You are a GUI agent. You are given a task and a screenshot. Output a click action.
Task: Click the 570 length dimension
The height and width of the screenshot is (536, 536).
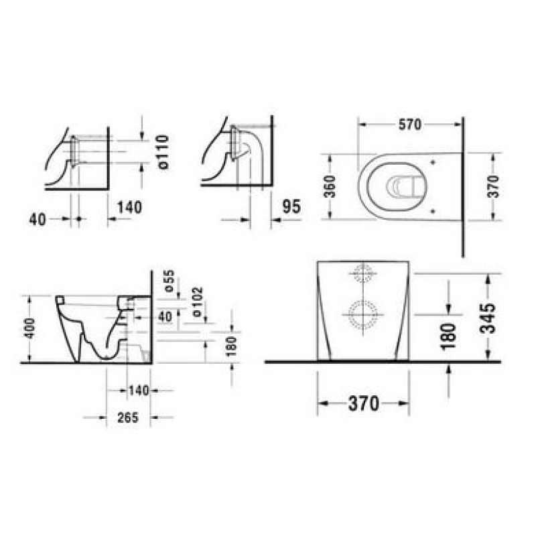(410, 125)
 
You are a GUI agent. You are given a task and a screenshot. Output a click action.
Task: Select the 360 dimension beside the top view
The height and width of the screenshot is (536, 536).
(330, 186)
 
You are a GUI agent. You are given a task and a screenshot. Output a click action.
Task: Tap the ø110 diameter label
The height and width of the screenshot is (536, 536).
(163, 152)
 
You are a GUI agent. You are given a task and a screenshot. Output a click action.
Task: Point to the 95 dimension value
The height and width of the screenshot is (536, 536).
(291, 206)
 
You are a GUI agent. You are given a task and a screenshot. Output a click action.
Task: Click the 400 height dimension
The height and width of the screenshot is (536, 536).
(29, 328)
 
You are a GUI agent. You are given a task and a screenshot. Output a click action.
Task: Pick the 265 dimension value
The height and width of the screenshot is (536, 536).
(128, 417)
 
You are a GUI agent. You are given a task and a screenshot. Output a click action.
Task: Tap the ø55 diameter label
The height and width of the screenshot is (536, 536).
(170, 281)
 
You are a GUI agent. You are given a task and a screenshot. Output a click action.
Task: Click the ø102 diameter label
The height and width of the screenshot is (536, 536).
(198, 302)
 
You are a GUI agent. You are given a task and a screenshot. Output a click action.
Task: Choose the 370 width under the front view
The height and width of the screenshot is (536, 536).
(364, 403)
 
